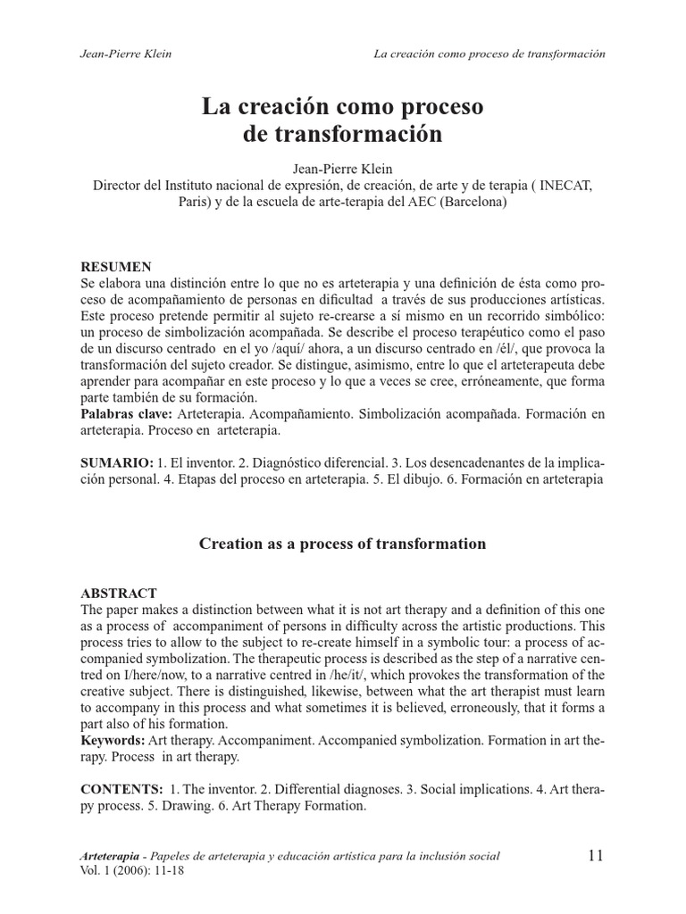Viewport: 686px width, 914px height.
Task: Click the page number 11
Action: pos(596,855)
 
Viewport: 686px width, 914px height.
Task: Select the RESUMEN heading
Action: pos(116,267)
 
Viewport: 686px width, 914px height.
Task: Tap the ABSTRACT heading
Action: pos(119,593)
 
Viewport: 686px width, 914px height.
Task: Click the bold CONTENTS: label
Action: pos(121,790)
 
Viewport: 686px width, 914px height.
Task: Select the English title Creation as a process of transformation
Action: pos(342,544)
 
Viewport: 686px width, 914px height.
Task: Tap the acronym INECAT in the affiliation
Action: pos(562,186)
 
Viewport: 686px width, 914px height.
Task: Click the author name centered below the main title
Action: pos(342,169)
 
